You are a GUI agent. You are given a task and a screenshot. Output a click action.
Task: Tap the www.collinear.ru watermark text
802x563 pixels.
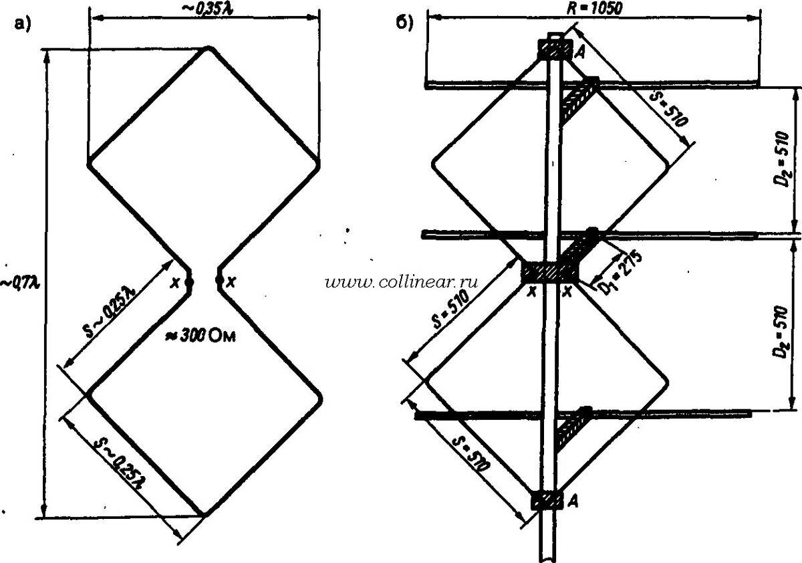coord(403,283)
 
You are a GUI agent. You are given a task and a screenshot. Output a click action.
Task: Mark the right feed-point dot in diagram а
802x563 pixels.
coord(218,281)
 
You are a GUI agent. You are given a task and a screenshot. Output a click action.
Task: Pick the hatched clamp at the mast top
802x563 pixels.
coord(555,49)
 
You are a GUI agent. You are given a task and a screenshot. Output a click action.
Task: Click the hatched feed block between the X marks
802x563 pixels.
coord(549,272)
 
